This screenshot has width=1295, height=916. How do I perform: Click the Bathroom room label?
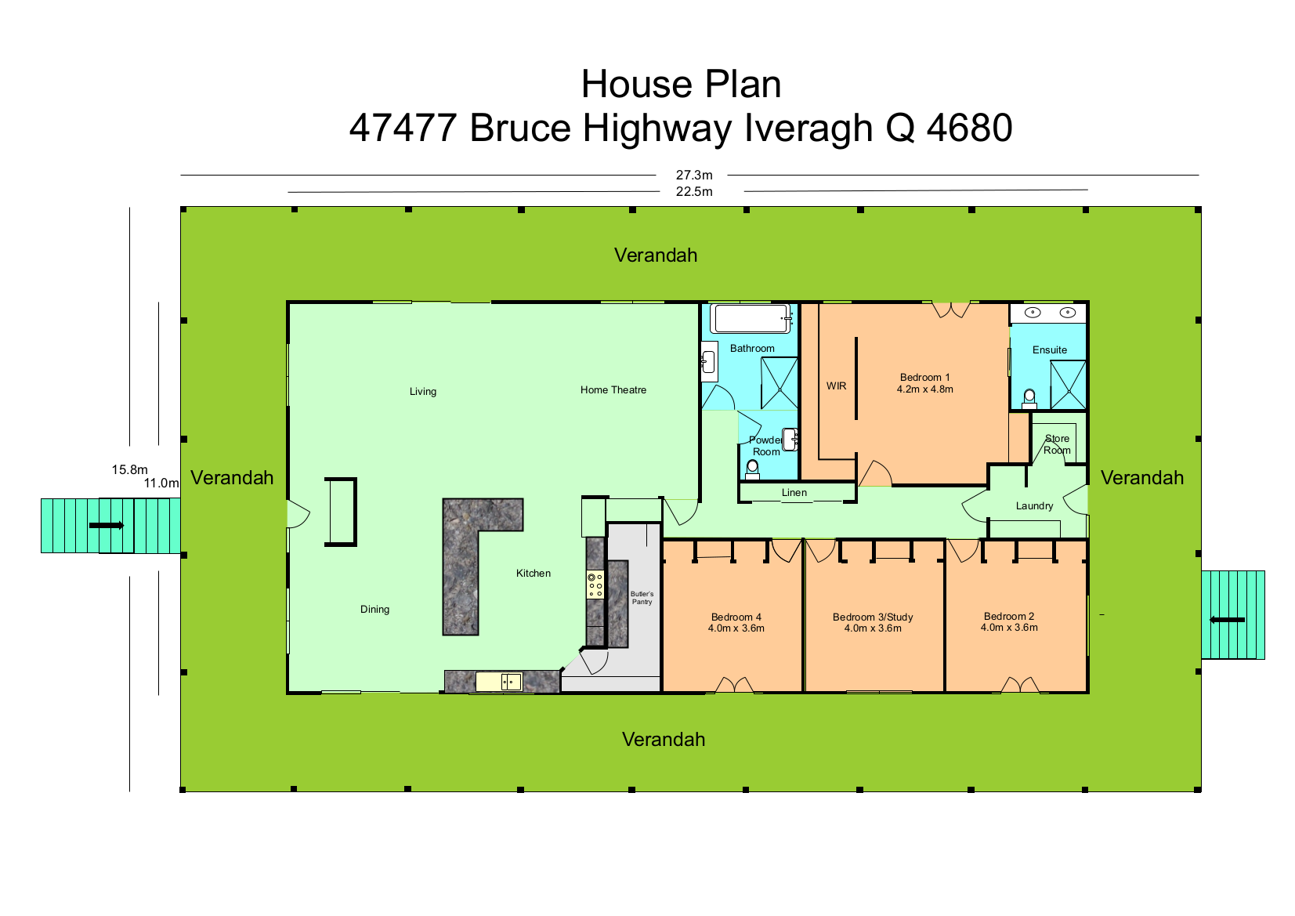(752, 348)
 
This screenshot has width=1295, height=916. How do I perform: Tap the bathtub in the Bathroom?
(751, 318)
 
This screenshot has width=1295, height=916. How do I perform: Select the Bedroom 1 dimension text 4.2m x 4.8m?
(925, 389)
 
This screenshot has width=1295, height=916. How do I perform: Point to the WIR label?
(836, 386)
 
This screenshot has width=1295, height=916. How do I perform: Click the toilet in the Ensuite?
(1029, 399)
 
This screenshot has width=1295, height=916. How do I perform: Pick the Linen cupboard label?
(794, 493)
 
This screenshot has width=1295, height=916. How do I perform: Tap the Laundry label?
(1034, 506)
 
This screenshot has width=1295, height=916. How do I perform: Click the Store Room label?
(1057, 444)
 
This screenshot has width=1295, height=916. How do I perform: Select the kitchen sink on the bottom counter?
(498, 682)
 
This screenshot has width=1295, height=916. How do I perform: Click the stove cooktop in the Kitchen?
(595, 585)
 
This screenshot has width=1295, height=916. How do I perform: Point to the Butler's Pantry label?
(642, 598)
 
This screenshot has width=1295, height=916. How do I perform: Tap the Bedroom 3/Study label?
(873, 617)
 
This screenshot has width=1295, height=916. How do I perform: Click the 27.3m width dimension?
(694, 175)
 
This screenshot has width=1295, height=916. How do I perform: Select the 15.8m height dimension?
(129, 469)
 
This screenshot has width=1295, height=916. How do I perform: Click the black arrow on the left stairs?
(107, 525)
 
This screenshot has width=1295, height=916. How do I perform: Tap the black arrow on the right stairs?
(1228, 620)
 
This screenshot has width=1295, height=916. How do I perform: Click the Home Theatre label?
(613, 389)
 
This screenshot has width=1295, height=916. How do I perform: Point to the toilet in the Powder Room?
(752, 469)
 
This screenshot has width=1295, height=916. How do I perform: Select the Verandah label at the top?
(656, 255)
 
